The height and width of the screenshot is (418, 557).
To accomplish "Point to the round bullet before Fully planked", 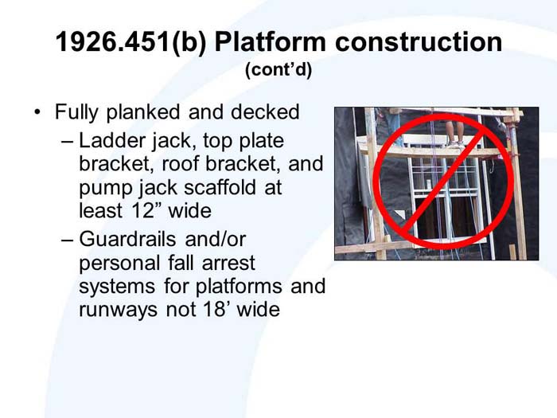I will click(37, 112).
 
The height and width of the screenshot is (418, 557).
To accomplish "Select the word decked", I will click(265, 112).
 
